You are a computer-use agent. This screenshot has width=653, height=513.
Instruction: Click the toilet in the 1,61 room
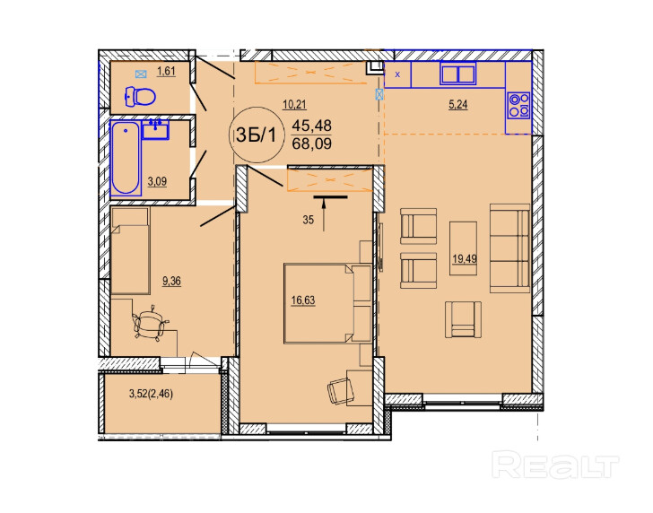(140, 97)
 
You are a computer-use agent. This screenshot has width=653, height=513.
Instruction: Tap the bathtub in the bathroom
(126, 158)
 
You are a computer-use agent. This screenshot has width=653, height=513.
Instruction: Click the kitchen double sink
(458, 74)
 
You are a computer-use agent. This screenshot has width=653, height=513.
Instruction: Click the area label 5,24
(457, 105)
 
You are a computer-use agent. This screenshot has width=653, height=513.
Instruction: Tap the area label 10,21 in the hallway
(294, 105)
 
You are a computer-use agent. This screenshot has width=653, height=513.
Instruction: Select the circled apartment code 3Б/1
(257, 135)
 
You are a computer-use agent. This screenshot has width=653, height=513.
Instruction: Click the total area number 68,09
(312, 144)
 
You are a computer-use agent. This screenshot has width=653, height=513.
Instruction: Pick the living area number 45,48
(312, 125)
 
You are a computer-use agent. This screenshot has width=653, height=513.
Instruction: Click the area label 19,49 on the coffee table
(465, 259)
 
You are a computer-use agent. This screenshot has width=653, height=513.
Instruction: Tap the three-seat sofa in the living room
(509, 248)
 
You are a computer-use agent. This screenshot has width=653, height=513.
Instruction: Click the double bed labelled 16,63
(327, 303)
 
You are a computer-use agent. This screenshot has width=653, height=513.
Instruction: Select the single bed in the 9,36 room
(130, 250)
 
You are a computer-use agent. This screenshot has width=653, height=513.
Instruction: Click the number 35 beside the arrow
(309, 220)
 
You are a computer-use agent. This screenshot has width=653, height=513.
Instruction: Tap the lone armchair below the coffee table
(463, 319)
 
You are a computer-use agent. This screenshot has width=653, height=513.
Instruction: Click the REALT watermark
(555, 465)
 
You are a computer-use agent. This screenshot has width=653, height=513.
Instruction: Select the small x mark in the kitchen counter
(397, 75)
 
